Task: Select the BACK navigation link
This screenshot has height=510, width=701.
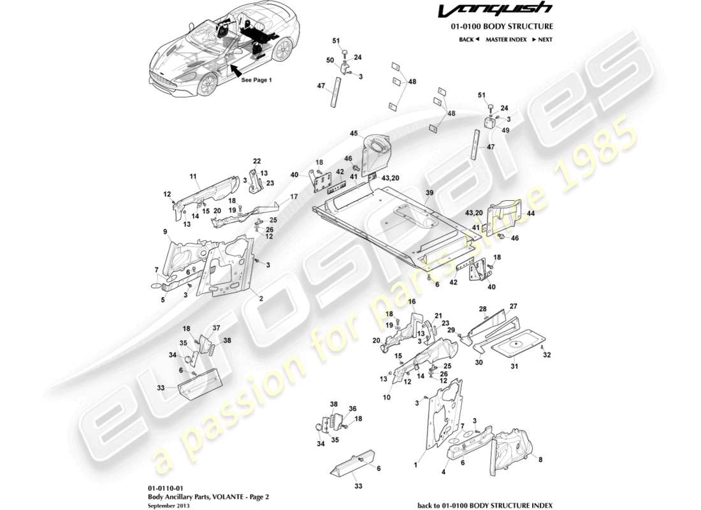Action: click(468, 40)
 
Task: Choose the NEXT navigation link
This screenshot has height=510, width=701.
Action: click(542, 40)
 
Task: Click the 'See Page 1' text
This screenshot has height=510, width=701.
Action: click(256, 80)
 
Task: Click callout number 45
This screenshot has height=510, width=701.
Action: click(354, 133)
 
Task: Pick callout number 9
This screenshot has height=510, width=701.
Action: click(165, 231)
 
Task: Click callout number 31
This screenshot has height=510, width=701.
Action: click(514, 366)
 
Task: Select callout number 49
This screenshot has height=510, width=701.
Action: click(507, 130)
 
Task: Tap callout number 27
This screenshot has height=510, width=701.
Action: click(514, 306)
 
